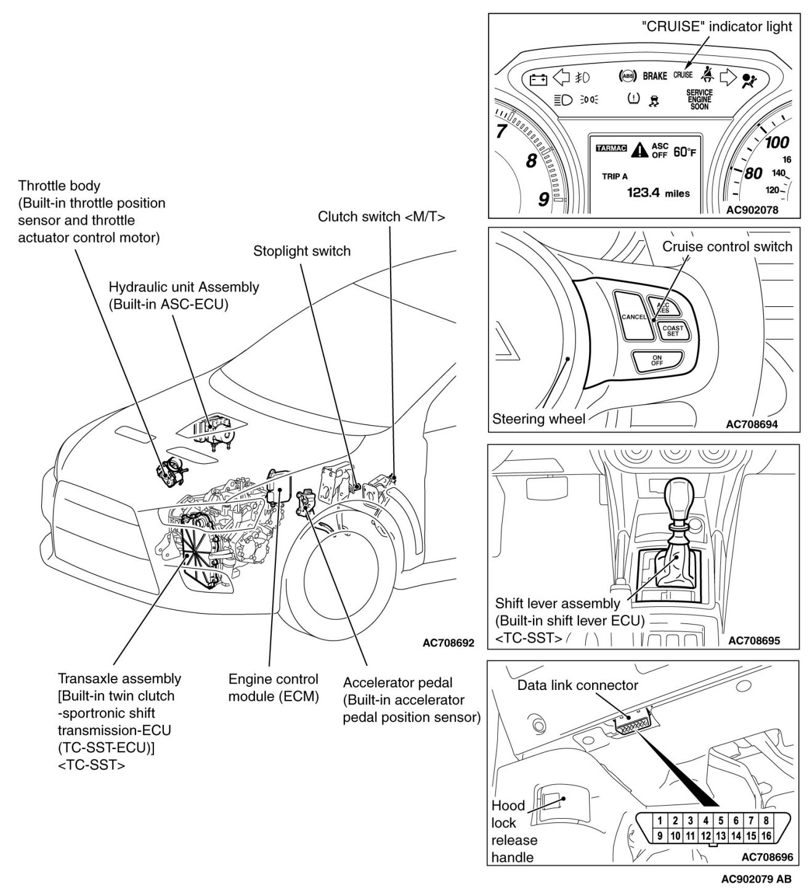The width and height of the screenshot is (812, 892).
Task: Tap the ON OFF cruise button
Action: tap(657, 361)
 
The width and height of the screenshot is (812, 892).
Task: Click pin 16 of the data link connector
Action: tap(766, 836)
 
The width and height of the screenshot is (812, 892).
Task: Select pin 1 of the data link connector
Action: tap(660, 821)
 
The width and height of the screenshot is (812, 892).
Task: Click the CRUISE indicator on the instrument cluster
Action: tap(683, 75)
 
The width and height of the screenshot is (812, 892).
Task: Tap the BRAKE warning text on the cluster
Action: tap(654, 76)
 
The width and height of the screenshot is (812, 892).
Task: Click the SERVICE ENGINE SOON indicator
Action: tap(699, 99)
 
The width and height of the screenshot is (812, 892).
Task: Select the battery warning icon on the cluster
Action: tap(538, 79)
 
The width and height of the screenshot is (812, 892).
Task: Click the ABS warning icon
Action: tap(627, 76)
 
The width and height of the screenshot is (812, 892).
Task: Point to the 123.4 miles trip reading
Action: tap(658, 193)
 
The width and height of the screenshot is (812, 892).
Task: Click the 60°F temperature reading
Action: tap(684, 152)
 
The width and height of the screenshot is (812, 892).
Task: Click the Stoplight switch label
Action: tap(302, 251)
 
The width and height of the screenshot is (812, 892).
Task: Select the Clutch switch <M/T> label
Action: tap(381, 216)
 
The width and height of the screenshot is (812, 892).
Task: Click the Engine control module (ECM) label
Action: tap(273, 687)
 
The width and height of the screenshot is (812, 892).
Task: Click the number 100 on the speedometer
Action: tap(776, 142)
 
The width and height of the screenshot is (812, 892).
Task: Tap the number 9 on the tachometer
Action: tap(543, 200)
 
